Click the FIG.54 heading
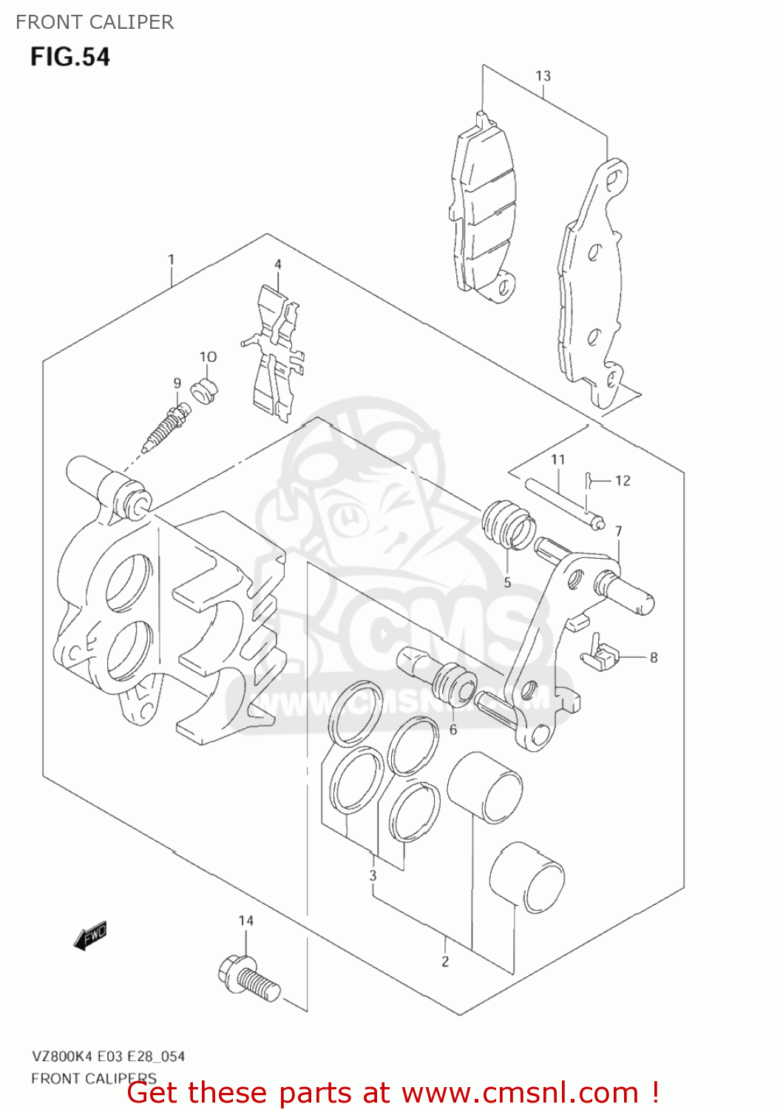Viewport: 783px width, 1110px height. [70, 57]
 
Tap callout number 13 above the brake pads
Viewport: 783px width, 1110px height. [543, 75]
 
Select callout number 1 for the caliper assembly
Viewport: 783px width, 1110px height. [171, 259]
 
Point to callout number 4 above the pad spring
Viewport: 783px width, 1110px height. [278, 264]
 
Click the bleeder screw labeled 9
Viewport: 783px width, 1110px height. [166, 429]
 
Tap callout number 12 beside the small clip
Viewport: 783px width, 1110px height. [623, 480]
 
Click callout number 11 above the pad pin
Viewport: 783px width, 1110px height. [557, 460]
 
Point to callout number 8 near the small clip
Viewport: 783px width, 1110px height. [654, 657]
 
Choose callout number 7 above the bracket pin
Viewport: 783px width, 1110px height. [618, 531]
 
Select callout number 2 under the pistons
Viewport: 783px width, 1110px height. [445, 961]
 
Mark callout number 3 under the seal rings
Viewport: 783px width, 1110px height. [373, 875]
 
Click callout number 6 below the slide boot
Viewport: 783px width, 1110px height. [453, 730]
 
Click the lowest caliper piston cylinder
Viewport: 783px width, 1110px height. [526, 878]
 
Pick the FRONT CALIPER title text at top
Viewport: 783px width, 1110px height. [95, 22]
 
